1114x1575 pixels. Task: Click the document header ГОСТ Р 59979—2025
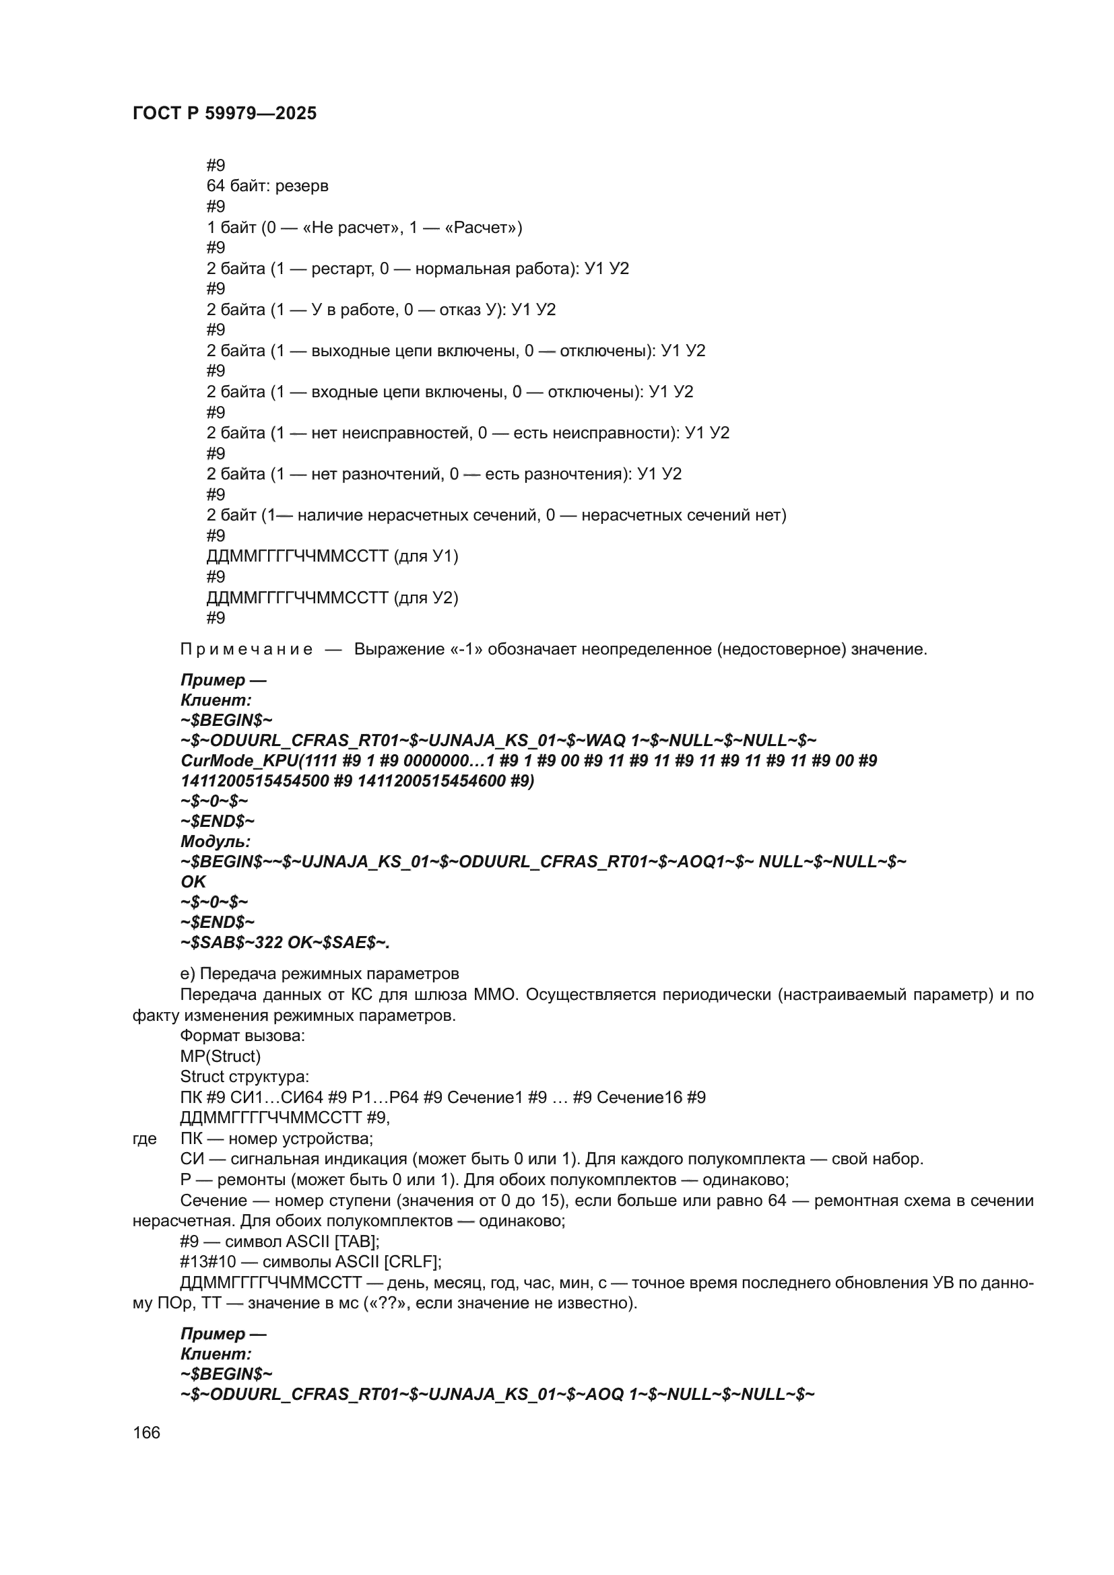(224, 113)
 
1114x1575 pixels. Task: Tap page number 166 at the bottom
(146, 1432)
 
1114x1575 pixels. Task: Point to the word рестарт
(341, 268)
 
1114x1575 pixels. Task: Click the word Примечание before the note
(247, 649)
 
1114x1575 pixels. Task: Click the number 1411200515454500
(255, 781)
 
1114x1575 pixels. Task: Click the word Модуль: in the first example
(216, 841)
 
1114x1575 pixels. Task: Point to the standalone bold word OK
(193, 881)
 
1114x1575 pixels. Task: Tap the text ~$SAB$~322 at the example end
(232, 943)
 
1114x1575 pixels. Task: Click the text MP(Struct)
(220, 1057)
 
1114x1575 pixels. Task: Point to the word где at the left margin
(145, 1139)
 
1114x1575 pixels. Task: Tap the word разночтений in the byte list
(391, 474)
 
